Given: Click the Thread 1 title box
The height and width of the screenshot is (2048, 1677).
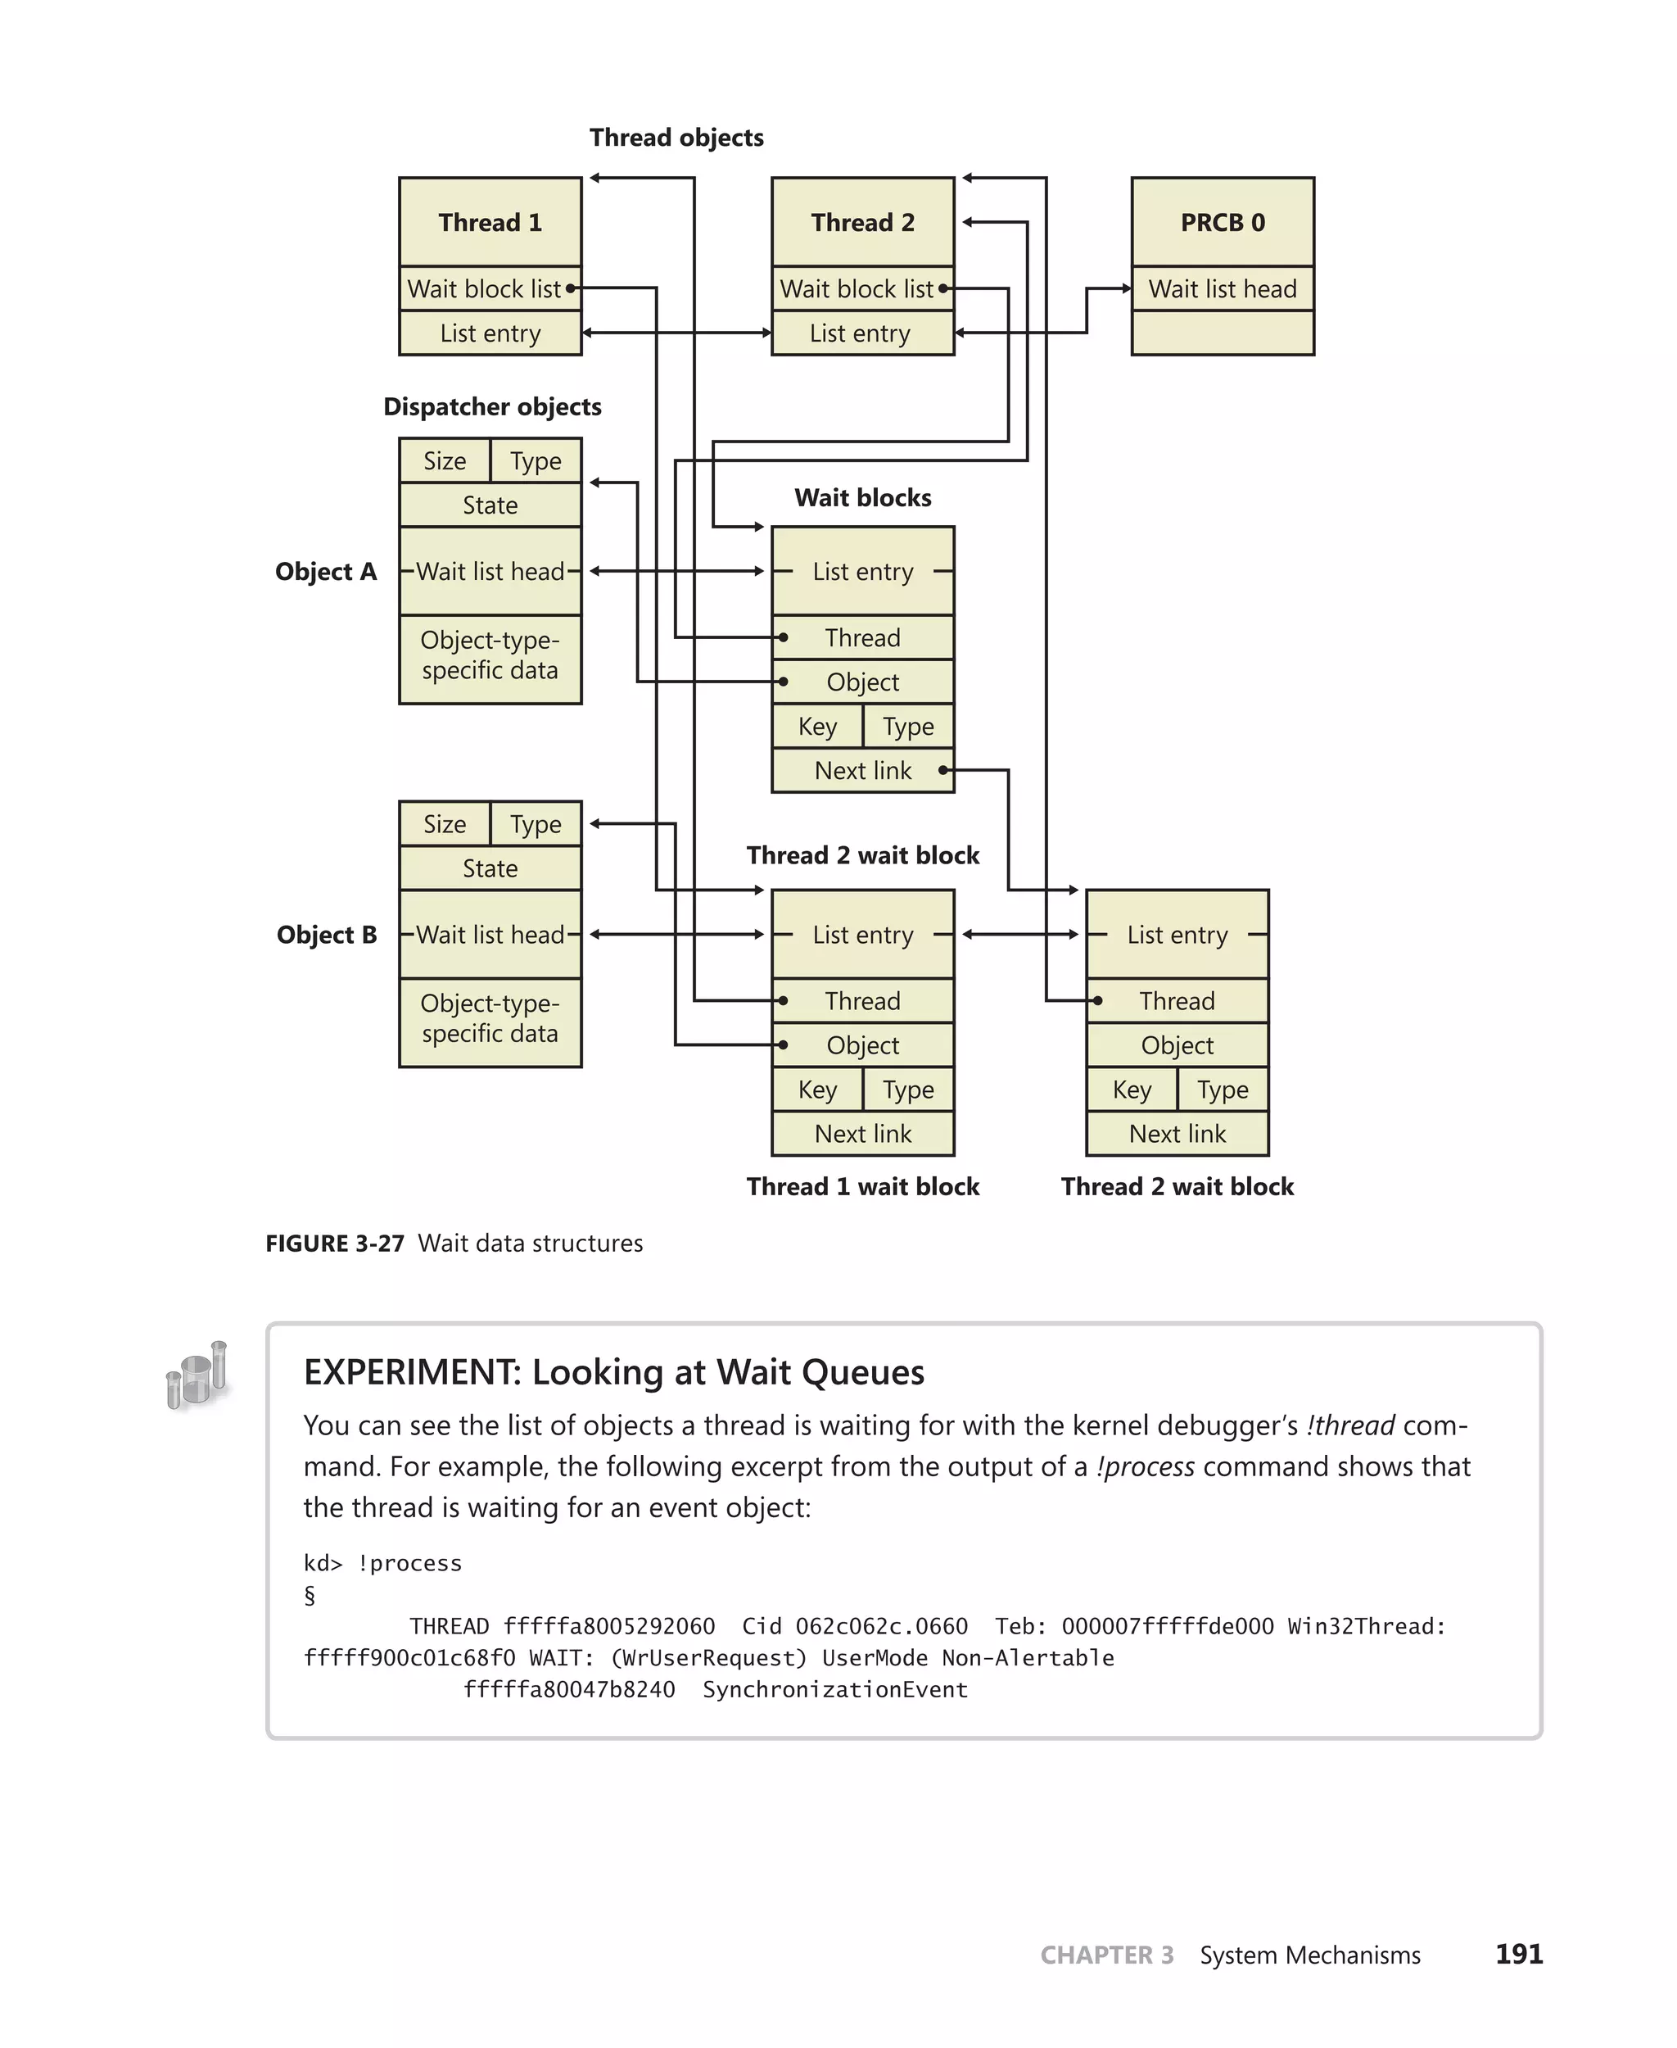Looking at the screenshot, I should [x=490, y=222].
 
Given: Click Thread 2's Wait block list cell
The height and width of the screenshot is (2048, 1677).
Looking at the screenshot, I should [x=857, y=289].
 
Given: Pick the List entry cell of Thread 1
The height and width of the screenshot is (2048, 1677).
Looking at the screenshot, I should [x=490, y=333].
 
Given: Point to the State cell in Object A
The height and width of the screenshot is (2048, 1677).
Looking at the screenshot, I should [x=490, y=505].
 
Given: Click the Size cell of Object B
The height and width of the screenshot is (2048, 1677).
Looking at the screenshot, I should [x=445, y=824].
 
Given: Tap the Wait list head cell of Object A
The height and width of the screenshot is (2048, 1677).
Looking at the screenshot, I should [x=490, y=571].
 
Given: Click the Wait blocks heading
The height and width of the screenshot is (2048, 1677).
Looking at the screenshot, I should [x=862, y=498].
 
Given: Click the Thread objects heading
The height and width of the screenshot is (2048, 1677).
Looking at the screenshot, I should [x=676, y=138].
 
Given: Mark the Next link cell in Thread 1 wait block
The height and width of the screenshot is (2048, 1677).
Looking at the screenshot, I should [x=862, y=1134].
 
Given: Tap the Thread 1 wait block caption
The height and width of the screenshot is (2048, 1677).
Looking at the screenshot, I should [x=862, y=1187].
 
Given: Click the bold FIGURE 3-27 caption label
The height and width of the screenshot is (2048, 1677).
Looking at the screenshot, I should [x=334, y=1244].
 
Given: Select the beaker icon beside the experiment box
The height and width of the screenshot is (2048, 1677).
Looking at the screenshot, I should [x=198, y=1375].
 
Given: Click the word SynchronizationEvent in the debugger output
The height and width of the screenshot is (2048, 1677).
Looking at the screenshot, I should [x=834, y=1689].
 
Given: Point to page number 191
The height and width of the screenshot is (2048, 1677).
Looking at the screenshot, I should [x=1519, y=1955].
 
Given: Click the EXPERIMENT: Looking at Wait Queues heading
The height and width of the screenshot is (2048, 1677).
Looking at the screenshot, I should [x=613, y=1372].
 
